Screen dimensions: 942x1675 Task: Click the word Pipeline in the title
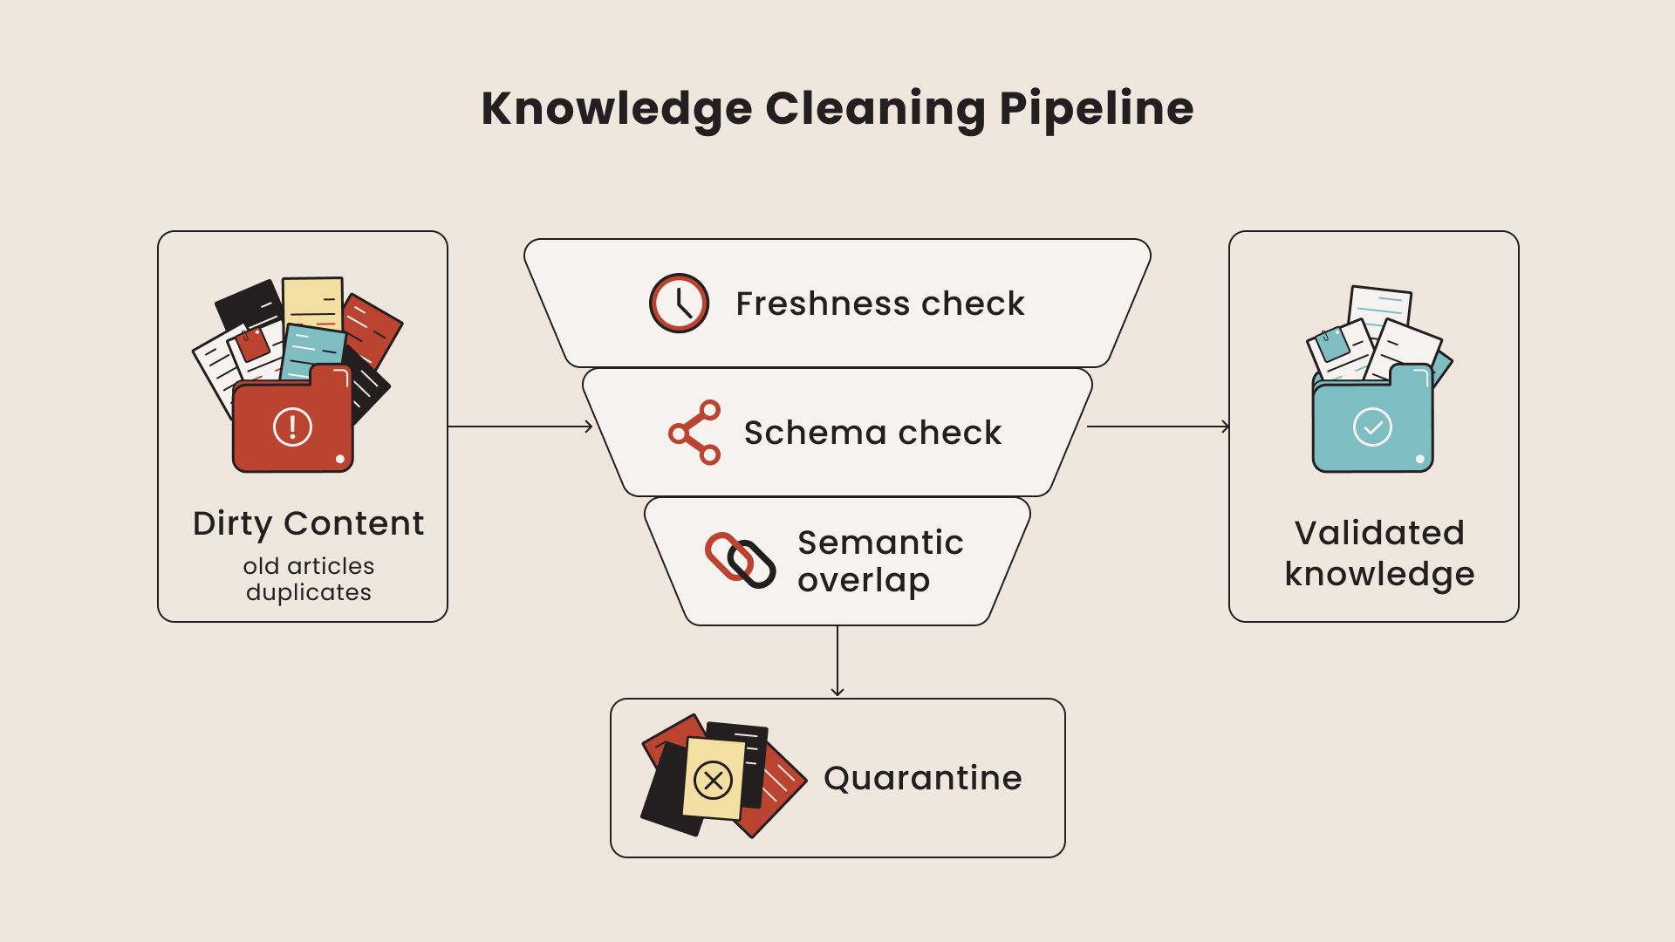click(x=1096, y=109)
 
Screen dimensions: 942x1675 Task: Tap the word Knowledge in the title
click(x=616, y=109)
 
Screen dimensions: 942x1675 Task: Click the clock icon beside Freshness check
click(x=679, y=304)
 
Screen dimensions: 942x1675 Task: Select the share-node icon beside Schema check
click(x=695, y=433)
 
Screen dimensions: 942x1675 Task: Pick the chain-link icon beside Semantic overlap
click(x=740, y=560)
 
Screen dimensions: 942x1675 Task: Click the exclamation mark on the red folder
click(x=292, y=427)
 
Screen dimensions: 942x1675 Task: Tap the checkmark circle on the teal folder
click(x=1372, y=427)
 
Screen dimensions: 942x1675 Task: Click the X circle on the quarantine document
click(x=713, y=780)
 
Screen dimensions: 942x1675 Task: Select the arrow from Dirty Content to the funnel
click(x=520, y=427)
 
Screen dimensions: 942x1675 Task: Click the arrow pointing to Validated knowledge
click(x=1159, y=427)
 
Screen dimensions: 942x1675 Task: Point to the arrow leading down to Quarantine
click(x=837, y=661)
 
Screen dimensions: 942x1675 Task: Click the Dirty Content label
click(x=308, y=523)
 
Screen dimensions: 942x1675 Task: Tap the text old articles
click(x=308, y=566)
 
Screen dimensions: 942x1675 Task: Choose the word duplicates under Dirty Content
click(x=308, y=592)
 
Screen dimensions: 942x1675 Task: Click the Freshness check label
click(x=879, y=304)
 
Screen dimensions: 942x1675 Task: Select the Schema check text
click(x=872, y=433)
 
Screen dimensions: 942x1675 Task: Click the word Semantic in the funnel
click(x=880, y=543)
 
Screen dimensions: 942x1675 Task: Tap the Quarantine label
click(x=922, y=778)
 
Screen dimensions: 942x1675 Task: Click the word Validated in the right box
click(x=1379, y=533)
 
